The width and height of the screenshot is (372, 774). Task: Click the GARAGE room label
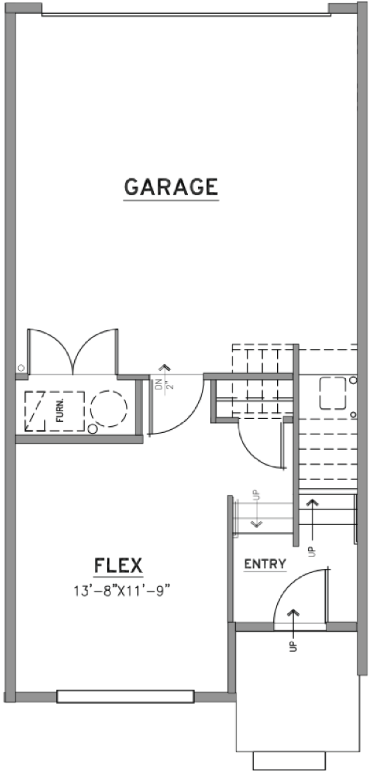171,187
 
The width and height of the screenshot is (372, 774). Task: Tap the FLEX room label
118,565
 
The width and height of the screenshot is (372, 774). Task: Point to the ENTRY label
265,564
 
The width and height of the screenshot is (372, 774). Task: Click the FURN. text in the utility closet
60,412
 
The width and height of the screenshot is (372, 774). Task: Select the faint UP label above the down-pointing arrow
256,495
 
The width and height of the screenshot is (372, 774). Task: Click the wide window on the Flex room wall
125,696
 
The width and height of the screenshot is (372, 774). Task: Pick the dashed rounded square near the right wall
332,393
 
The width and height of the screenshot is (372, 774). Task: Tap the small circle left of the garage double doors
21,368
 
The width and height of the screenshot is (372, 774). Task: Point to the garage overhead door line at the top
186,15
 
